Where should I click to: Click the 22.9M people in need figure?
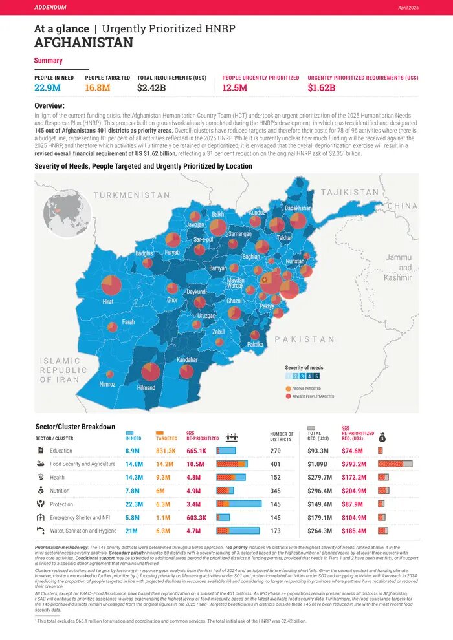click(48, 88)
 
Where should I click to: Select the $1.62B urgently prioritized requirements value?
click(322, 88)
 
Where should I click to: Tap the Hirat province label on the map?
click(108, 302)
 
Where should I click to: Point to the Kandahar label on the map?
click(187, 359)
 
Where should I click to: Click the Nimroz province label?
click(107, 384)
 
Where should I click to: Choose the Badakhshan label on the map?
click(298, 208)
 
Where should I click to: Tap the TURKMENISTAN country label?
click(131, 195)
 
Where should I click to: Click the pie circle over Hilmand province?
click(150, 372)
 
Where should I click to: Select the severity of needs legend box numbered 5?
click(316, 376)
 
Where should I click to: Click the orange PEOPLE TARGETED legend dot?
click(288, 389)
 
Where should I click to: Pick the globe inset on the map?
click(62, 213)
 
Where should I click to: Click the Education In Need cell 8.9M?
click(133, 451)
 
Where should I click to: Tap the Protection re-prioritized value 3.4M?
click(196, 504)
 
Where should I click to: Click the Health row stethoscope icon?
click(40, 477)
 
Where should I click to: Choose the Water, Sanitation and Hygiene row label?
click(83, 531)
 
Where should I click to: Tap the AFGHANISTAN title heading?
click(83, 43)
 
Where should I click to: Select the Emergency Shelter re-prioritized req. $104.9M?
click(353, 518)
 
